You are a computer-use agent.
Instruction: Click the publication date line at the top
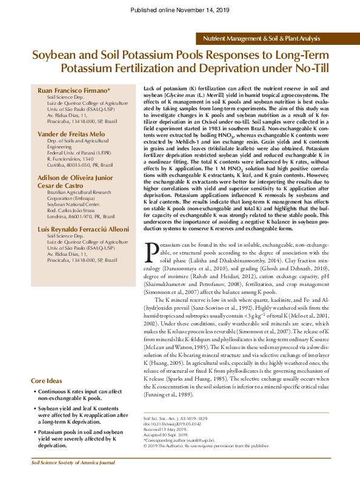(x=180, y=11)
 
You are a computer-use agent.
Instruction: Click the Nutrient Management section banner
(x=261, y=38)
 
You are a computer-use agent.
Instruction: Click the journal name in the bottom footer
(x=73, y=462)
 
